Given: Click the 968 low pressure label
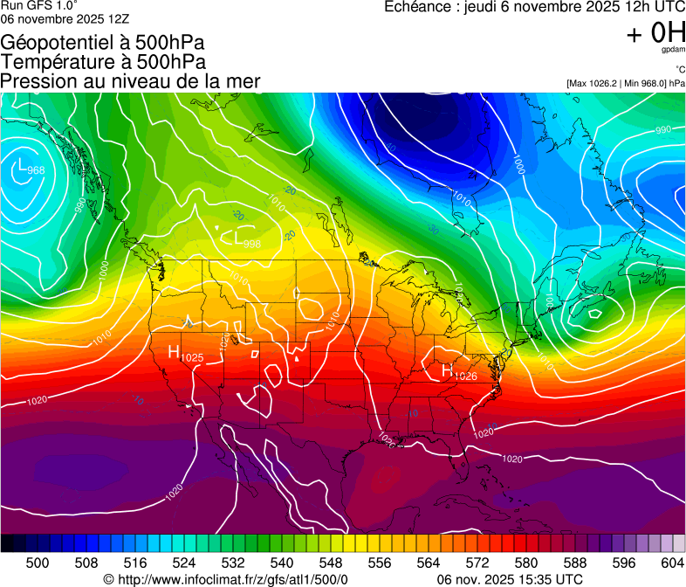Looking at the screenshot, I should coord(36,170).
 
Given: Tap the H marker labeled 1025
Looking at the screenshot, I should coord(174,352).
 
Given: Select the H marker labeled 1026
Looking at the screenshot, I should coord(447,370).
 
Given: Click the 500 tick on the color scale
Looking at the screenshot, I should coord(38,563).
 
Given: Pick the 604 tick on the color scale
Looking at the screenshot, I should coord(672,563).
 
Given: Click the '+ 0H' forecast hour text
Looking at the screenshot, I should coord(655,33).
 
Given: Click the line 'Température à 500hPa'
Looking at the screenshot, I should coord(103,61).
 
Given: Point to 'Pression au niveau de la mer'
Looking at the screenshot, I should coord(131,81).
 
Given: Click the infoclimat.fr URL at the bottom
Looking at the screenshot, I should coord(225,579).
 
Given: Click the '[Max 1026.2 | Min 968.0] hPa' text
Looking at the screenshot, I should coord(625,83).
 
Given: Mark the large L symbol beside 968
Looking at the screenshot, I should coord(19,165).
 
